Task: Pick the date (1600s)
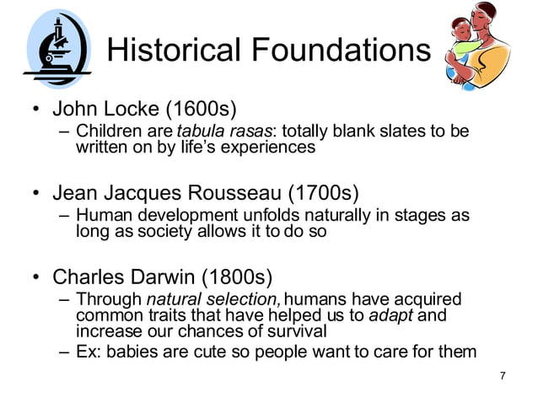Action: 200,109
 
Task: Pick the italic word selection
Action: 243,299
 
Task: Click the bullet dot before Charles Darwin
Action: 36,277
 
